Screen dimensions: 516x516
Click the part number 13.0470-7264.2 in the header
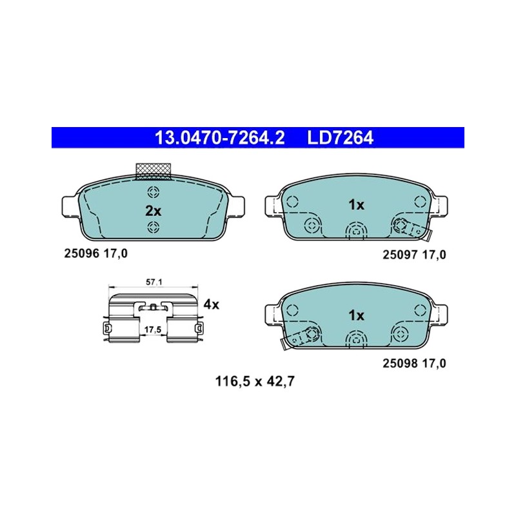(x=219, y=137)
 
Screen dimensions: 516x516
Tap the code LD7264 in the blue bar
(x=341, y=137)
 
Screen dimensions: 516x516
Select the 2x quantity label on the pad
(x=153, y=211)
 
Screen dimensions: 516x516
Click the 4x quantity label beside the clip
(x=211, y=304)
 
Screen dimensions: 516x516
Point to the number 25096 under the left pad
(x=82, y=253)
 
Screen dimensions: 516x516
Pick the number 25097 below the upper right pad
(x=400, y=255)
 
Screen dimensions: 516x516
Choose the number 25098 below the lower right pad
(x=400, y=363)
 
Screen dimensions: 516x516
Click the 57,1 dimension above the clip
(x=154, y=282)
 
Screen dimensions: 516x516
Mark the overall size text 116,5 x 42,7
(x=255, y=382)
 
